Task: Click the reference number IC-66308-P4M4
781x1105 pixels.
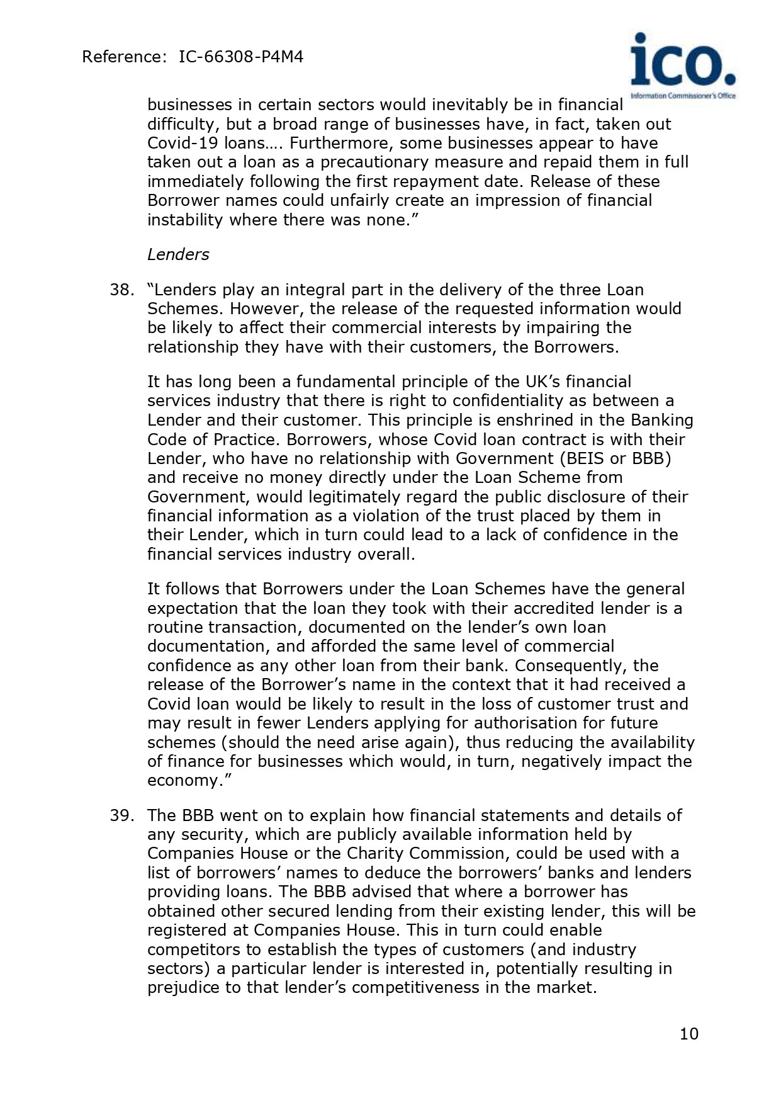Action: (x=241, y=57)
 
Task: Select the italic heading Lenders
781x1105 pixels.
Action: (x=178, y=254)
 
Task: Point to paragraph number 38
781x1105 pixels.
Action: (x=122, y=290)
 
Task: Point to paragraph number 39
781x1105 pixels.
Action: (x=122, y=815)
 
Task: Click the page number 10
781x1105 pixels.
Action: (x=689, y=1034)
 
